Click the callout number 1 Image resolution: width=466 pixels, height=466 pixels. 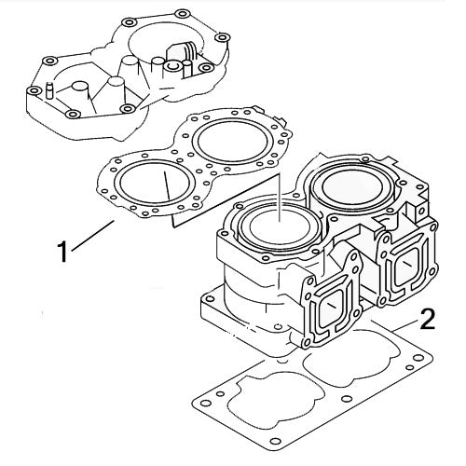coord(62,252)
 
